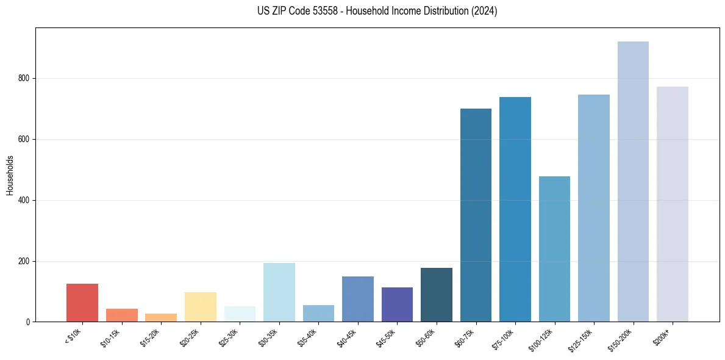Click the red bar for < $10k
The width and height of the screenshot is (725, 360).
(x=82, y=303)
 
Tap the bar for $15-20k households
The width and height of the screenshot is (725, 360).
(x=161, y=317)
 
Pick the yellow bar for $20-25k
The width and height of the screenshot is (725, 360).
(x=200, y=307)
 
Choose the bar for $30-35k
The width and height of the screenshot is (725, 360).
(x=279, y=292)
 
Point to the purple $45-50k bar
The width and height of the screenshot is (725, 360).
(x=397, y=304)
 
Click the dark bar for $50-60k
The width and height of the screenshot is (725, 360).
(x=437, y=295)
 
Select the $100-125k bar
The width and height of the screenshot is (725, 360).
(x=554, y=249)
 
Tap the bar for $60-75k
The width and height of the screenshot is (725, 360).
(x=476, y=215)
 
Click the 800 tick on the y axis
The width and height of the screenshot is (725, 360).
(x=24, y=78)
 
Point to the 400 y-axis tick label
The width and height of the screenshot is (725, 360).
(x=24, y=200)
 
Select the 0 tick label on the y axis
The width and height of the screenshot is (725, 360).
(x=28, y=322)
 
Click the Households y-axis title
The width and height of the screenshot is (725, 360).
(x=10, y=175)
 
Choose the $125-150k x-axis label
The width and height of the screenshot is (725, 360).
(x=582, y=339)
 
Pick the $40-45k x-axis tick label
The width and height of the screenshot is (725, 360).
(x=347, y=337)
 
